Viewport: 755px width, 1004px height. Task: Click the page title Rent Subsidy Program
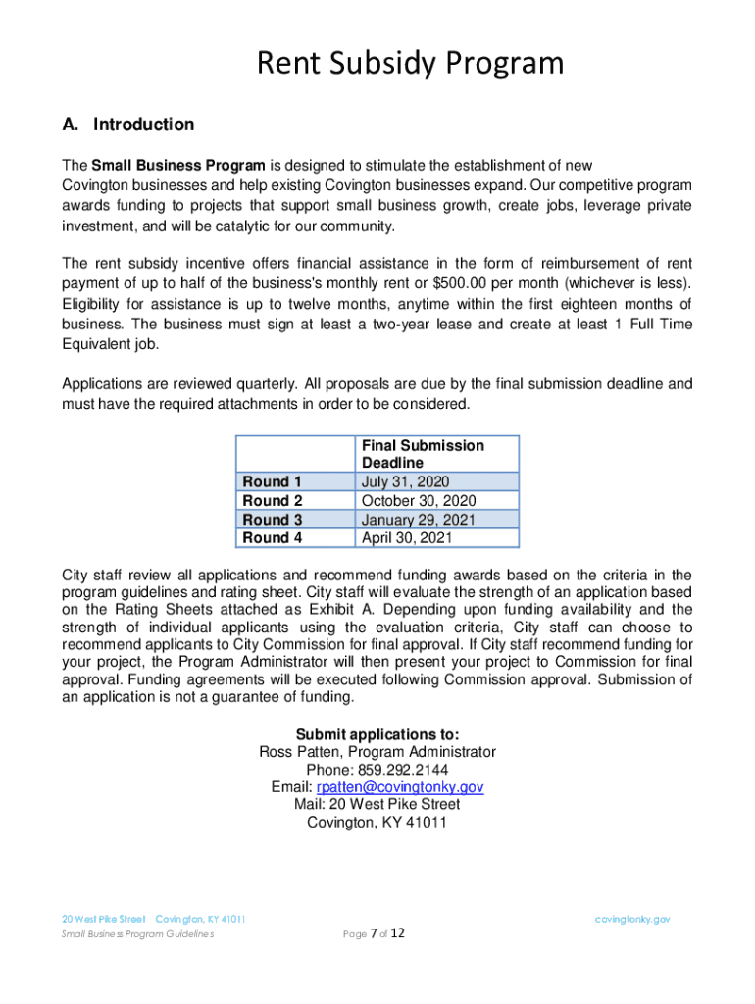(410, 64)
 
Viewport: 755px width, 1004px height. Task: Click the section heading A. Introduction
(128, 125)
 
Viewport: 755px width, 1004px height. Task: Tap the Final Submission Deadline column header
(423, 454)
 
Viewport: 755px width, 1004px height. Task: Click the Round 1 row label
(273, 481)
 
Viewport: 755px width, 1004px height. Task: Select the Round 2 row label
(273, 500)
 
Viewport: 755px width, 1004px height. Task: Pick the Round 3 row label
(273, 520)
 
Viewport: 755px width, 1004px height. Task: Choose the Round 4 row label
(273, 537)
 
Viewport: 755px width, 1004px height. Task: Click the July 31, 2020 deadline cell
(405, 481)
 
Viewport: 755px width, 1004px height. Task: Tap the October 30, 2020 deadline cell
(419, 500)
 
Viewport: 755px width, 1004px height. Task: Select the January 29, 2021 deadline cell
(420, 520)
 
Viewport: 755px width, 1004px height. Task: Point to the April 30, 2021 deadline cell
(406, 537)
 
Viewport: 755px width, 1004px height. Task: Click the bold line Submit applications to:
(377, 734)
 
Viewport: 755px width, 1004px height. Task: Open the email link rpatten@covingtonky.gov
(399, 787)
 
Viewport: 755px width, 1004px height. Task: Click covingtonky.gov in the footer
(632, 919)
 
